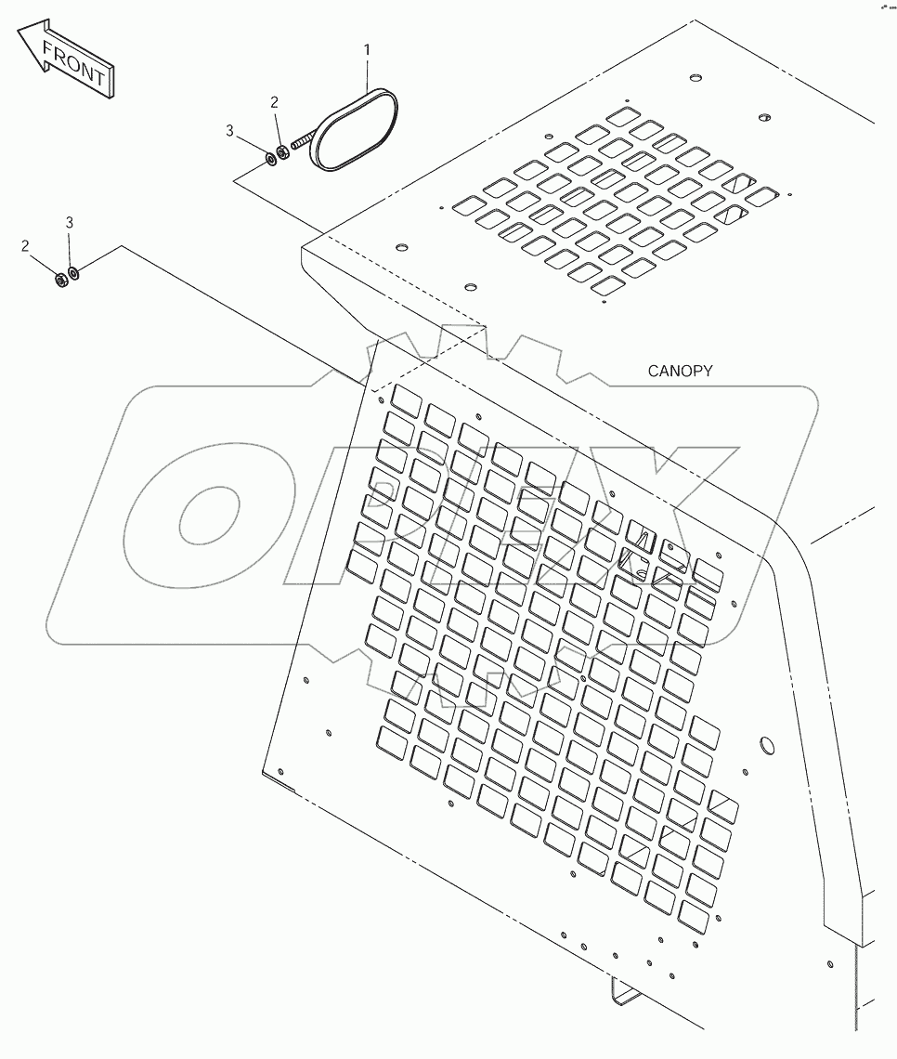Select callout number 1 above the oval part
click(367, 49)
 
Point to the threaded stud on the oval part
click(303, 142)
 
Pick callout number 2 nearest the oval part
click(274, 102)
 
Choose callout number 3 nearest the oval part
click(229, 130)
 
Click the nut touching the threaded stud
click(283, 152)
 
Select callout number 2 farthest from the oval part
click(26, 246)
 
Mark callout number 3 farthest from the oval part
click(69, 222)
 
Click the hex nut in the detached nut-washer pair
click(60, 278)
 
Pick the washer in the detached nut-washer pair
click(73, 273)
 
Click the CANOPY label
click(680, 371)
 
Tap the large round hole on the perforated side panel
click(767, 746)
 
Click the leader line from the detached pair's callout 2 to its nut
click(43, 263)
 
